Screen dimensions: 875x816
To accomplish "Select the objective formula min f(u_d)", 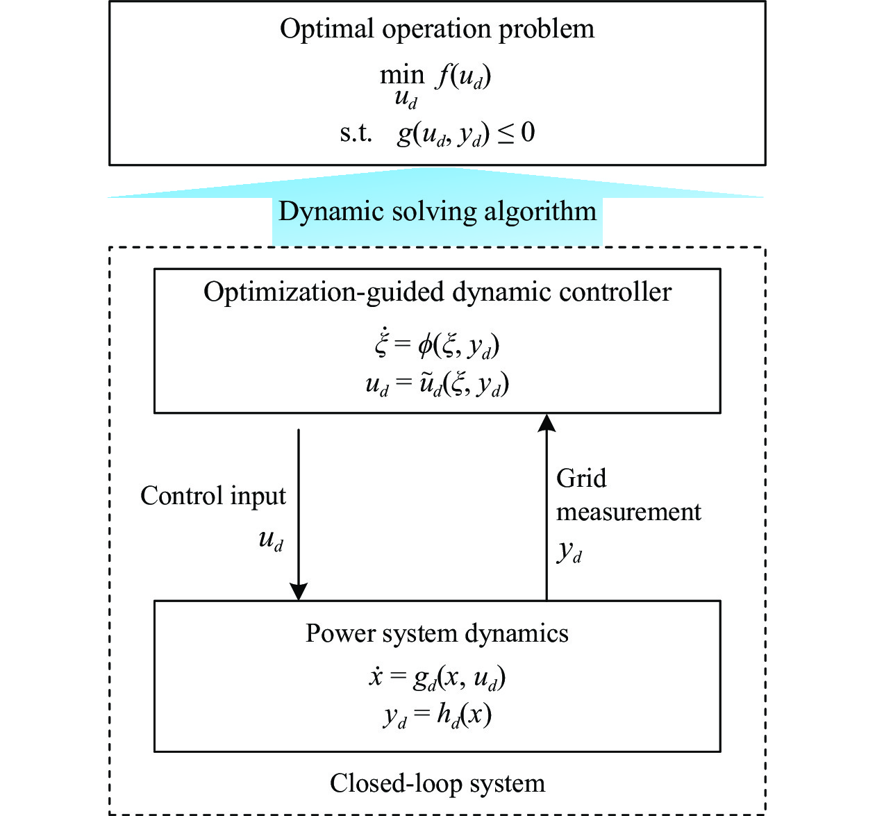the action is (x=435, y=85).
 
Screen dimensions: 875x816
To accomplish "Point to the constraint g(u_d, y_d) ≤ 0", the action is (x=465, y=133).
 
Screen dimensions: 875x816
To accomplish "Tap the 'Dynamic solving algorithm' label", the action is (x=437, y=213).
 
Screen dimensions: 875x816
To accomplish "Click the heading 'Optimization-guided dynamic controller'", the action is (x=437, y=293).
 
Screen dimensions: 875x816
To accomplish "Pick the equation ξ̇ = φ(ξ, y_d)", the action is (x=437, y=345).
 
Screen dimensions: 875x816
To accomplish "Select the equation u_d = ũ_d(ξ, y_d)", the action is (x=437, y=384).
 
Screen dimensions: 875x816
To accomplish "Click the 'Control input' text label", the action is (x=213, y=497).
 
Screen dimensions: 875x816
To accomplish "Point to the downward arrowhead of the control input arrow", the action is (x=299, y=591).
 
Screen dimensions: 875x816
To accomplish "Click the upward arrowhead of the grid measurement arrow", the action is (x=547, y=422).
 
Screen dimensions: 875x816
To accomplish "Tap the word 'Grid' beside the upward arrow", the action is (x=581, y=478).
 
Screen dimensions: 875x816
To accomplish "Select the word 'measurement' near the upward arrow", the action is (x=628, y=513).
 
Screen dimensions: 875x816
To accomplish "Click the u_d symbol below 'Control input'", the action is (x=271, y=540).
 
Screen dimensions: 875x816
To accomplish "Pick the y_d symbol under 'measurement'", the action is (x=569, y=552).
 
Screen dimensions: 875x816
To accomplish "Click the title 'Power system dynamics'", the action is (x=437, y=634).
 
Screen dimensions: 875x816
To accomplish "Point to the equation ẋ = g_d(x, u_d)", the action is (x=437, y=678).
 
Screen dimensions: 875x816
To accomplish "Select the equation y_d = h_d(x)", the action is (x=437, y=715).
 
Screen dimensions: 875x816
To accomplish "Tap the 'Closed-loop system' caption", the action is (x=437, y=784).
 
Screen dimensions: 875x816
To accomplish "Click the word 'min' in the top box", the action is (x=402, y=75).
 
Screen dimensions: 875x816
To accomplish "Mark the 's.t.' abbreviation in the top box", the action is (x=356, y=133).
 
